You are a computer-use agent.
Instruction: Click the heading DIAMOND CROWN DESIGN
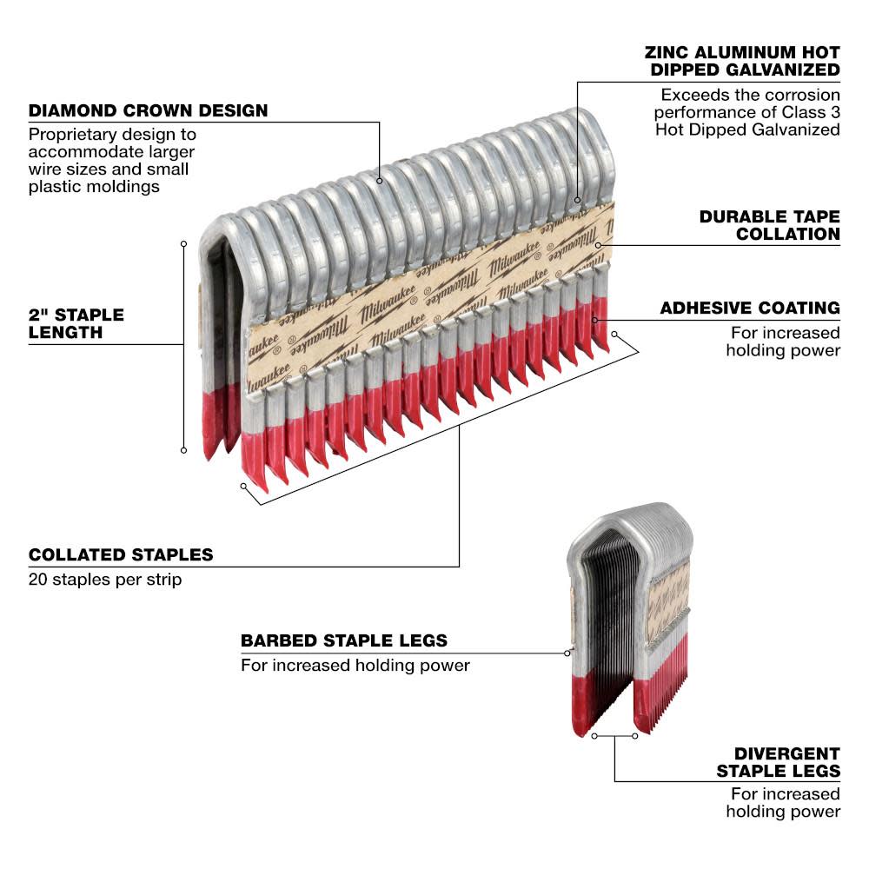[x=148, y=111]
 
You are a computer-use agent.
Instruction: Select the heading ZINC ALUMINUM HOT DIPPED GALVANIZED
[x=743, y=60]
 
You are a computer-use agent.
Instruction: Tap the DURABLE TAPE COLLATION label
[x=769, y=224]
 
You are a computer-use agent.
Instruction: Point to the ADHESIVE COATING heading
[x=749, y=308]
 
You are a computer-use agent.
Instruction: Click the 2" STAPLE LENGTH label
[x=76, y=323]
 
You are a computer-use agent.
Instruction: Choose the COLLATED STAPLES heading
[x=121, y=554]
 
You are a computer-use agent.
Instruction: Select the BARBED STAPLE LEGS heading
[x=344, y=640]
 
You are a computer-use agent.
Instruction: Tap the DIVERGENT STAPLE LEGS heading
[x=778, y=762]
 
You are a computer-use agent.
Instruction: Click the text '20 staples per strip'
[x=105, y=579]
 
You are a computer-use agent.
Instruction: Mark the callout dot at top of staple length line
[x=183, y=243]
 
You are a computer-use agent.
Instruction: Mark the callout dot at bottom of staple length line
[x=183, y=449]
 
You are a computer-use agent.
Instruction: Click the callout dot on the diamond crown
[x=381, y=181]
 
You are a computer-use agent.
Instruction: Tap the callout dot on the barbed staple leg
[x=567, y=652]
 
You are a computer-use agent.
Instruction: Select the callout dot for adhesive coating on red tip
[x=595, y=320]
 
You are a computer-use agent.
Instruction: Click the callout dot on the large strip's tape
[x=598, y=246]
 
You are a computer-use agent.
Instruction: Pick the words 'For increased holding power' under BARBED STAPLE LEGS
[x=355, y=666]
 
